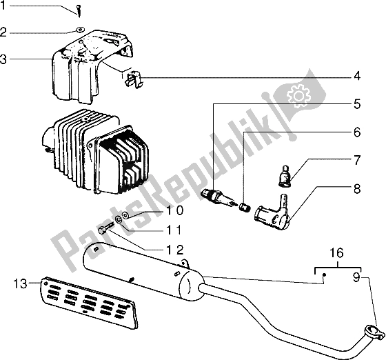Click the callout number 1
(3, 6)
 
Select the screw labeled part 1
(79, 11)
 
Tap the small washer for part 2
(80, 30)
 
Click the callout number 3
(3, 59)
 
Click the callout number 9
(357, 277)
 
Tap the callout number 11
(174, 230)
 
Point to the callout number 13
(20, 284)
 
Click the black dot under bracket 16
(324, 274)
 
